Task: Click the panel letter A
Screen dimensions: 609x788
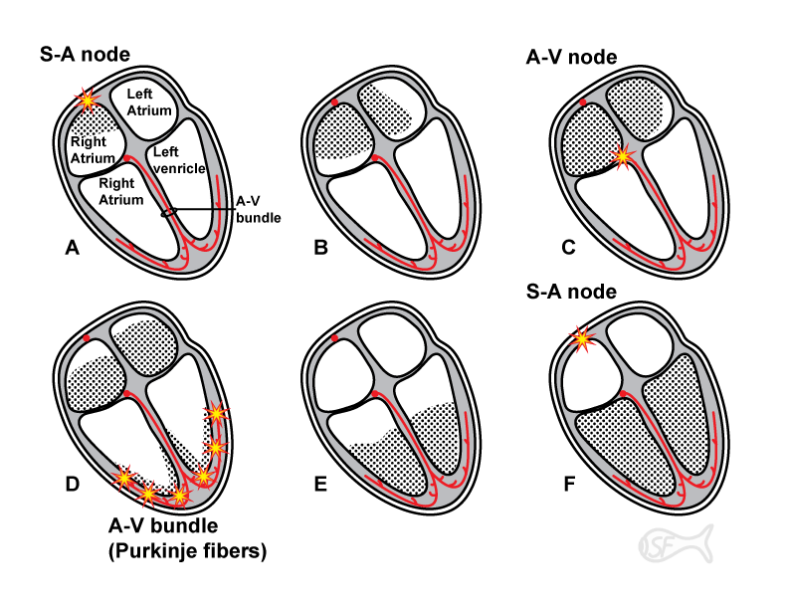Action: tap(72, 248)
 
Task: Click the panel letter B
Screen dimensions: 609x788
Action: tap(320, 248)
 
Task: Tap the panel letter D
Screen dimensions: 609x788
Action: tap(72, 485)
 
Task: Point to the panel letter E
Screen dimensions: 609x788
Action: tap(320, 485)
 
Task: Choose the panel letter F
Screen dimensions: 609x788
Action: tap(569, 485)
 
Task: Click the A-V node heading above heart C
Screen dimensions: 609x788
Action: tap(572, 58)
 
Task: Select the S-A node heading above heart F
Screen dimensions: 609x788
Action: tap(572, 292)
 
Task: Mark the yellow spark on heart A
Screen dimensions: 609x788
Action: tap(89, 100)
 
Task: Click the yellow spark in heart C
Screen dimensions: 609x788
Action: tap(624, 154)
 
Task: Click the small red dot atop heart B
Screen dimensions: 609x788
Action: tap(335, 103)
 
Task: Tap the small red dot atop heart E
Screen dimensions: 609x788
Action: tap(335, 339)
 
